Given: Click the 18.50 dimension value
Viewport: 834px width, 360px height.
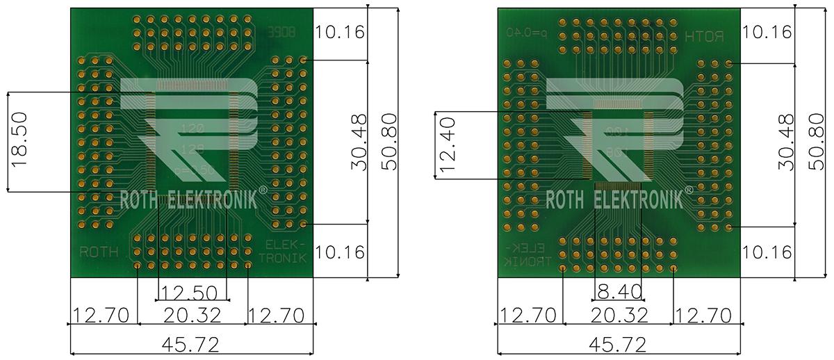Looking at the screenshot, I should coord(19,142).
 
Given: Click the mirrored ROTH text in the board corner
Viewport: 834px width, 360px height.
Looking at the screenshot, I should coord(704,35).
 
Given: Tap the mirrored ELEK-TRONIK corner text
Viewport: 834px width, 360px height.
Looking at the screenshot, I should coord(527,254).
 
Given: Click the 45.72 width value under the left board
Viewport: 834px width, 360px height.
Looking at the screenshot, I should coord(192,344).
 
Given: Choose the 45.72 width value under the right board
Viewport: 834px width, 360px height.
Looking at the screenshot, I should coord(618,344).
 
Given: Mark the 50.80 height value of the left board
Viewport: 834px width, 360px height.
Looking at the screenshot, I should coord(389,142).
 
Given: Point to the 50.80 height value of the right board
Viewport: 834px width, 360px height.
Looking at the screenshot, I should coord(817,142).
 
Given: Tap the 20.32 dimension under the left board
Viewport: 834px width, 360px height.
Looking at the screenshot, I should coord(192,316).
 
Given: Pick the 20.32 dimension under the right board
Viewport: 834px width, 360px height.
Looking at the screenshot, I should coord(618,316).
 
